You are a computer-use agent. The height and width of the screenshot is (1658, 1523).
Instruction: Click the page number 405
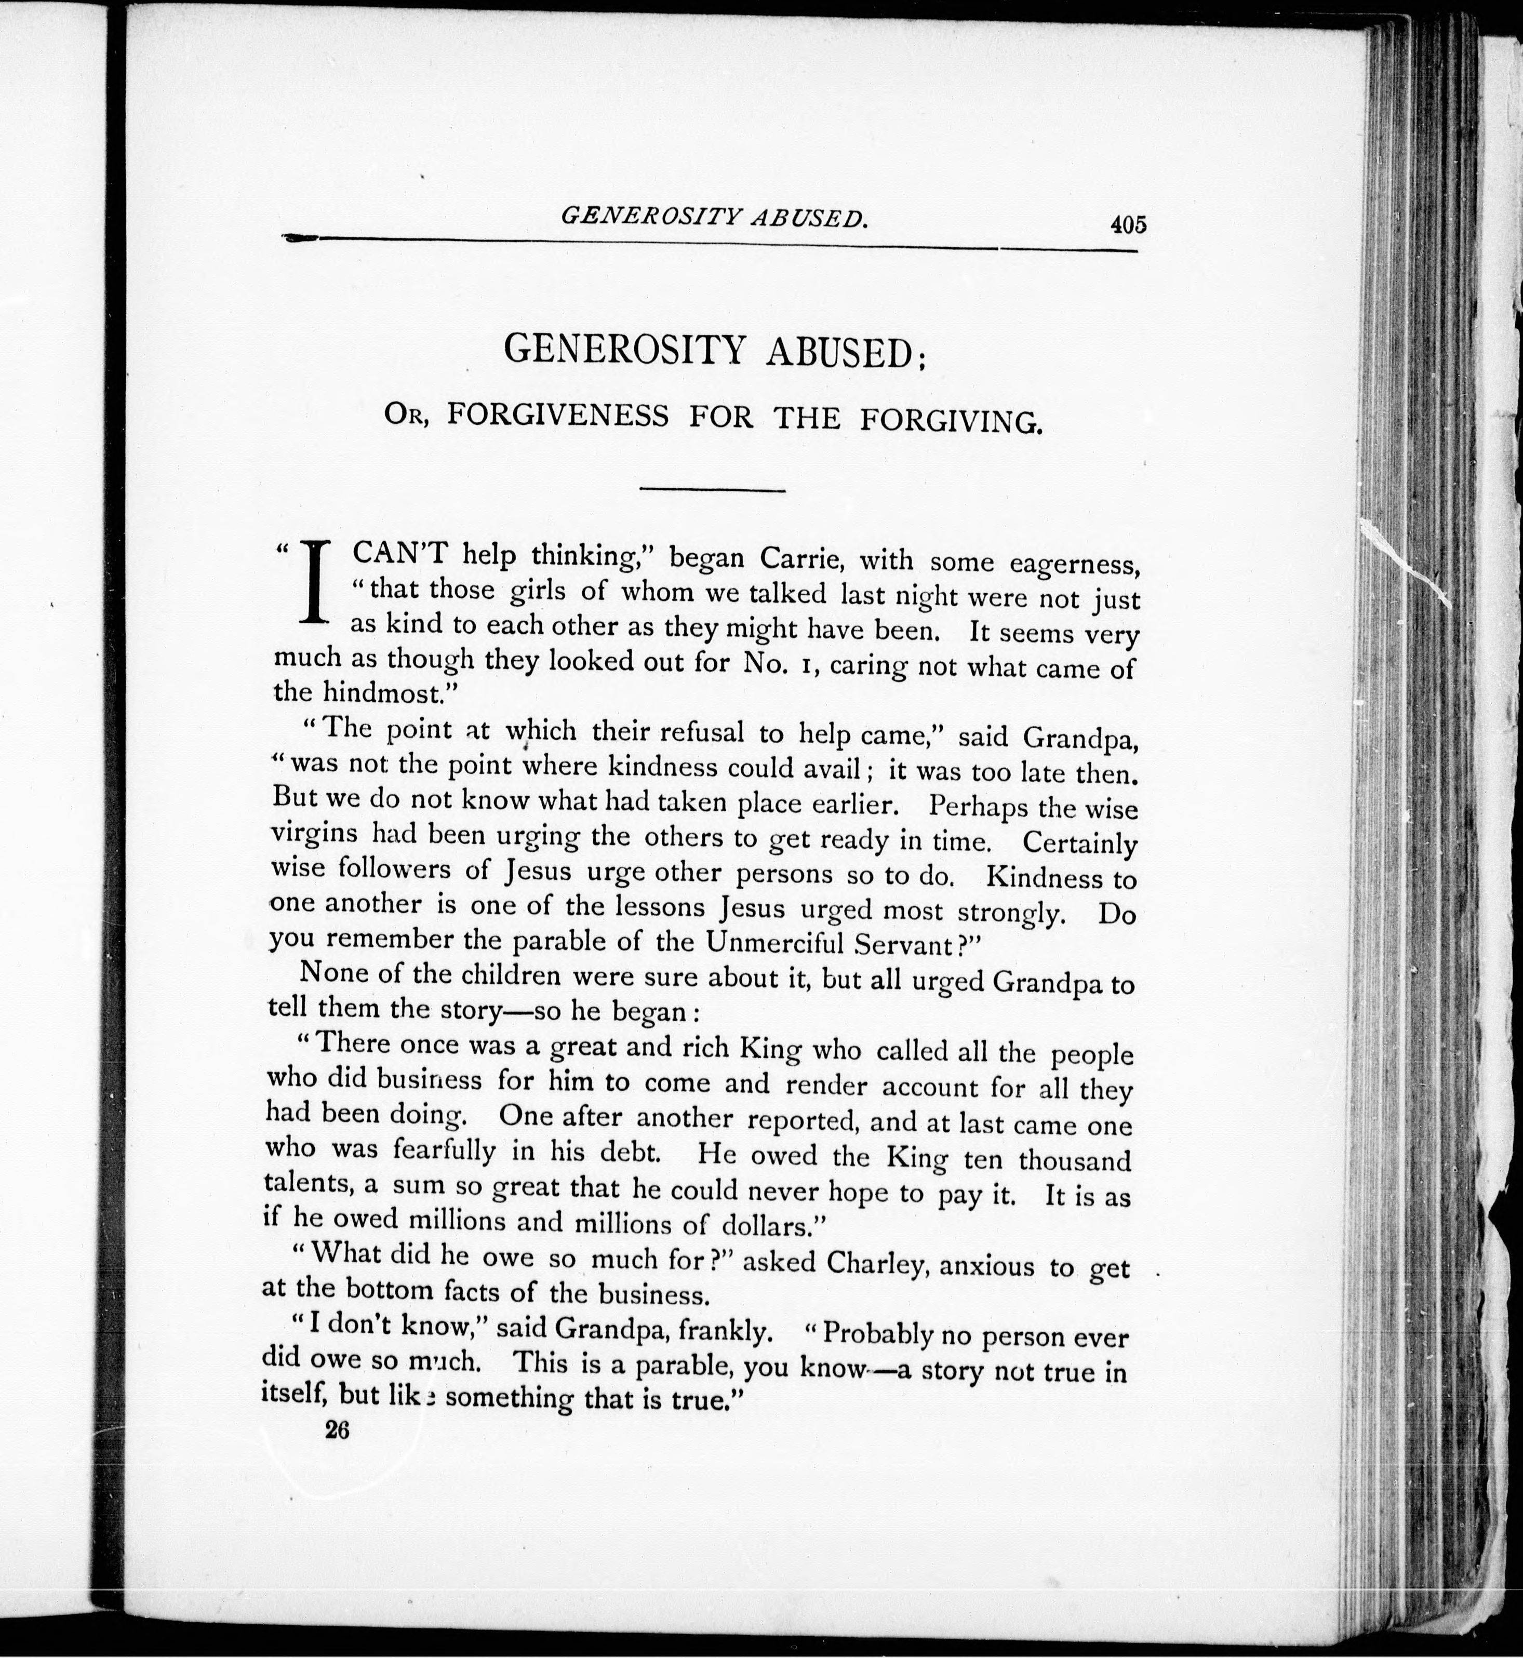pyautogui.click(x=1127, y=224)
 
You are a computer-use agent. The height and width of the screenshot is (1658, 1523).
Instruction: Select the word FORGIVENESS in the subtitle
pyautogui.click(x=558, y=416)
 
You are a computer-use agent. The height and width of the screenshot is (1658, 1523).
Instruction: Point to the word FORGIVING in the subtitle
pyautogui.click(x=951, y=421)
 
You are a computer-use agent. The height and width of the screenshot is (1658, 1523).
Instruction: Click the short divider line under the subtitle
pyautogui.click(x=712, y=491)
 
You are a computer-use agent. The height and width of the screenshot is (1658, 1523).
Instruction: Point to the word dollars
pyautogui.click(x=767, y=1225)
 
